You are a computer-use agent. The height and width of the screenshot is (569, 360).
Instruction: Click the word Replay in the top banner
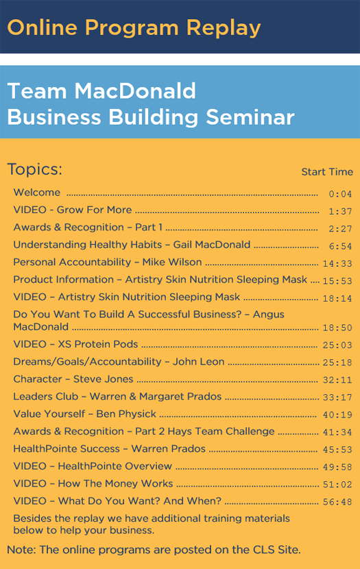click(x=224, y=28)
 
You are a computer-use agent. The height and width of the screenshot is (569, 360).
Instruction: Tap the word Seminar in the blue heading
click(x=250, y=117)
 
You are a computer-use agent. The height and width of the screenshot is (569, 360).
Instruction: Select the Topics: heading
click(x=35, y=169)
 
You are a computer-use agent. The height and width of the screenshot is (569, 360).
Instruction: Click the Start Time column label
click(x=327, y=171)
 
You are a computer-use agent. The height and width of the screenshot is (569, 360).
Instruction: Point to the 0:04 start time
click(x=340, y=194)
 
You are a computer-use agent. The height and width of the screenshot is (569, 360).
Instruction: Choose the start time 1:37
click(x=340, y=212)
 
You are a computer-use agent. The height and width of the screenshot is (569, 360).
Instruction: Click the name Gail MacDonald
click(x=212, y=245)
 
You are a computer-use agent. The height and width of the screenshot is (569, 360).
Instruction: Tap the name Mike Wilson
click(x=172, y=262)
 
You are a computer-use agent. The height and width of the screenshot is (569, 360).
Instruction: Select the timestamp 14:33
click(x=337, y=264)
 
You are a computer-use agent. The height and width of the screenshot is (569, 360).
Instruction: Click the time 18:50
click(x=337, y=328)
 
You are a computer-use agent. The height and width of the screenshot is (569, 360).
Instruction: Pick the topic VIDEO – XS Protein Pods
click(x=75, y=344)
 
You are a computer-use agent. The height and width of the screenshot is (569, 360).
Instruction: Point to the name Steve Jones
click(x=104, y=379)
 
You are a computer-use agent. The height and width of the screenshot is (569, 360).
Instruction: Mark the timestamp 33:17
click(x=337, y=398)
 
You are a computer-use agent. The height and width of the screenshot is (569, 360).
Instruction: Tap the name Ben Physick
click(x=126, y=414)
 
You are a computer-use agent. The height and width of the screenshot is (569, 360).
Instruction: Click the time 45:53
click(x=337, y=450)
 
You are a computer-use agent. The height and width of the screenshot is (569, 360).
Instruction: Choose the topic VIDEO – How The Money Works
click(x=93, y=484)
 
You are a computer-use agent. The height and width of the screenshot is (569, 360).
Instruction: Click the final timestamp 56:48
click(x=337, y=502)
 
